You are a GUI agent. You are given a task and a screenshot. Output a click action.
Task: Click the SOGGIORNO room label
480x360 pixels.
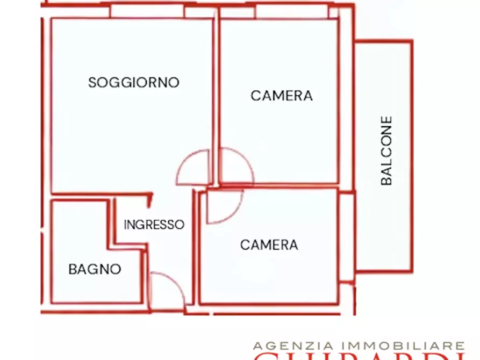click(x=133, y=83)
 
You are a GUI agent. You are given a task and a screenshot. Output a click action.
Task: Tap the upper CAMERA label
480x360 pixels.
click(x=281, y=96)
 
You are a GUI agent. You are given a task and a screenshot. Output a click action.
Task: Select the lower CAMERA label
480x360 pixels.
click(x=269, y=245)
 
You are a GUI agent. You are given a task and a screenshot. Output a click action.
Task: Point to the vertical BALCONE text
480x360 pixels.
click(x=386, y=151)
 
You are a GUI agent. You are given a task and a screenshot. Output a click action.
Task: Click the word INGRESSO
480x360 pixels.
click(x=154, y=225)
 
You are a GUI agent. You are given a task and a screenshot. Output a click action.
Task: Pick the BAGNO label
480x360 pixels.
click(x=95, y=269)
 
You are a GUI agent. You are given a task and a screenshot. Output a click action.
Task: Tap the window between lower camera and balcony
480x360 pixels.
click(x=347, y=237)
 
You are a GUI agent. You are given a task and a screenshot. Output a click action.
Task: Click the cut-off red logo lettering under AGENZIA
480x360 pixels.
click(x=349, y=356)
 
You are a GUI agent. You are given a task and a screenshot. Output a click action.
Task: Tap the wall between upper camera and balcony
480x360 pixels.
click(x=346, y=107)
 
